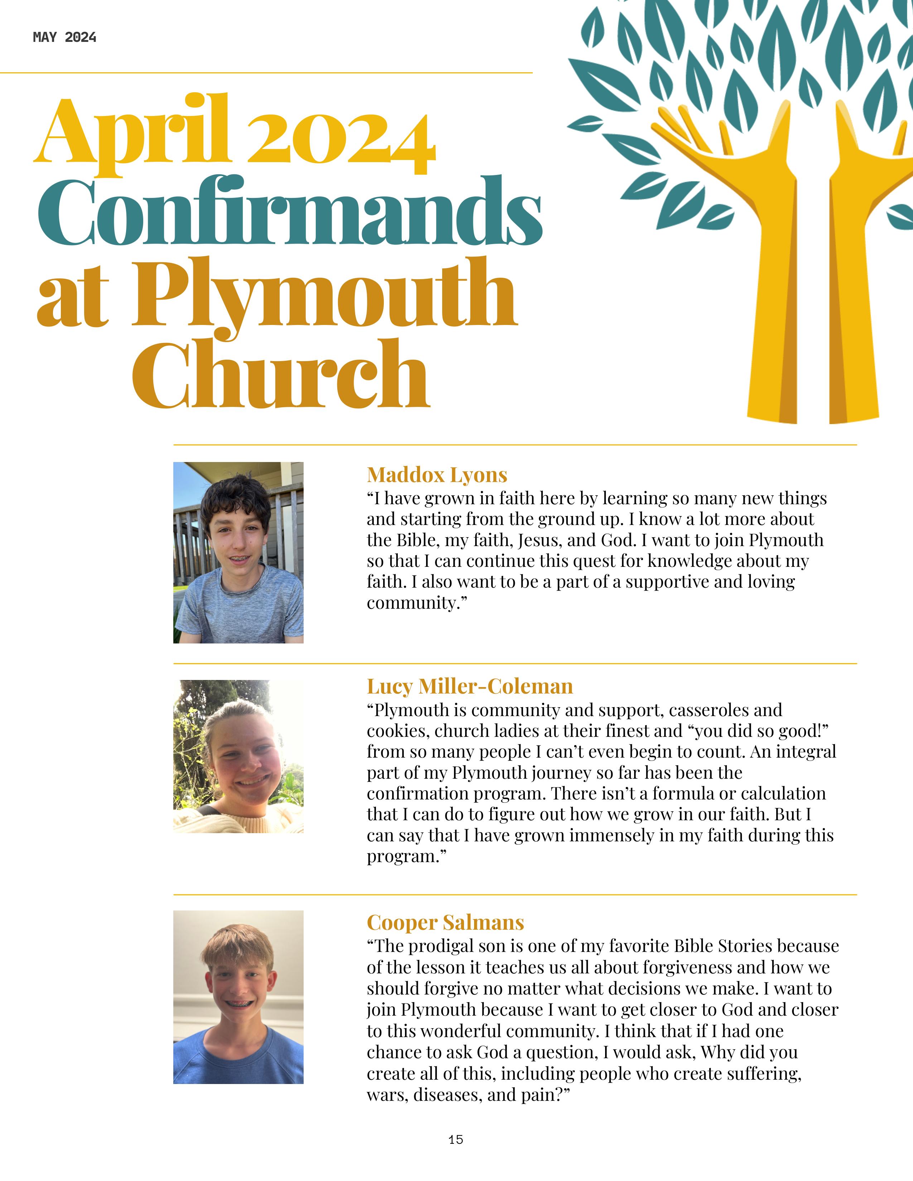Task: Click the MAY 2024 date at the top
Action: coord(64,37)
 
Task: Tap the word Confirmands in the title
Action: coord(289,212)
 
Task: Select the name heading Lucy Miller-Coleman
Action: coord(469,686)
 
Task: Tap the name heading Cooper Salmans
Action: coord(445,922)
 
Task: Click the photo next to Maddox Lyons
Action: coord(238,552)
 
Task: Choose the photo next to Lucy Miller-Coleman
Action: coord(238,756)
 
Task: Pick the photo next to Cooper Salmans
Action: coord(238,997)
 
